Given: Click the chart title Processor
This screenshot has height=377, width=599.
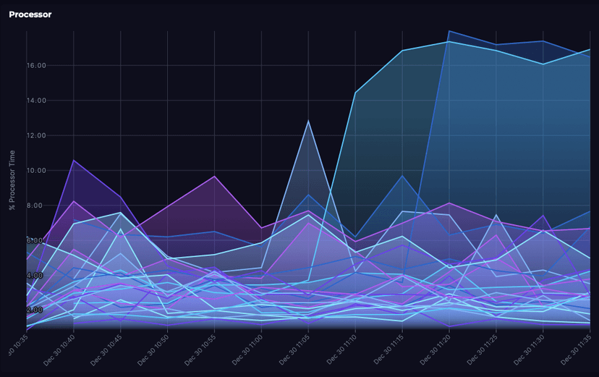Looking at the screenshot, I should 30,14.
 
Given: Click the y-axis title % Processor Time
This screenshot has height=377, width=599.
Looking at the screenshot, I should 12,181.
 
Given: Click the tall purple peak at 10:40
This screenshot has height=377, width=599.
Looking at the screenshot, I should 74,160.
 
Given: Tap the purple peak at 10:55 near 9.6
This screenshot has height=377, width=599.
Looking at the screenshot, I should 214,176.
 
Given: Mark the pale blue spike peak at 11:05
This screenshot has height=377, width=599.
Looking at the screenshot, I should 309,120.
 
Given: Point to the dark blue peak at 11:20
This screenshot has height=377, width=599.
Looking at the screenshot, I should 449,31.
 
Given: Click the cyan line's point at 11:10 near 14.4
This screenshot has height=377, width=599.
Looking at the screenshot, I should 355,93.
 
